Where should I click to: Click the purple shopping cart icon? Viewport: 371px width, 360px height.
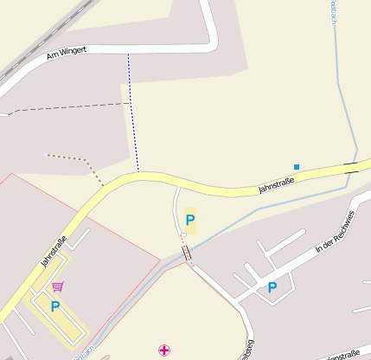[57, 286]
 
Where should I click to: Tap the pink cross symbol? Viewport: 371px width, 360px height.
[164, 350]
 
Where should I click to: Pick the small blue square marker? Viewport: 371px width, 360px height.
[297, 166]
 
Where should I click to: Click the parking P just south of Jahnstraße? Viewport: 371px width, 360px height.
[190, 220]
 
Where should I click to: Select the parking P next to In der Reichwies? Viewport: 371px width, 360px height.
[272, 287]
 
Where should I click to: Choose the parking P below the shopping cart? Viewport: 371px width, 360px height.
[55, 306]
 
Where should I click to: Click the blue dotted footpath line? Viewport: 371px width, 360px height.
[132, 112]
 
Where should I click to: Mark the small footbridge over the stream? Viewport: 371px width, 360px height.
[186, 254]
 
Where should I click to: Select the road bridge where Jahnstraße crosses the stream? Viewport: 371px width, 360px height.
[351, 167]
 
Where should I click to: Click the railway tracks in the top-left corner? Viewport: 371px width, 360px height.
[35, 43]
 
